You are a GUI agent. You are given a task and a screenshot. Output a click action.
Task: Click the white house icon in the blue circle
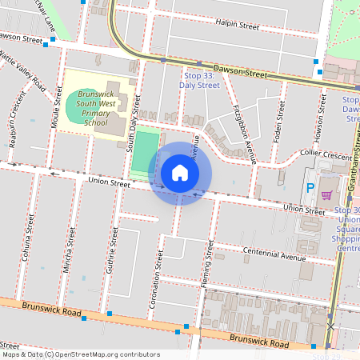point(179,173)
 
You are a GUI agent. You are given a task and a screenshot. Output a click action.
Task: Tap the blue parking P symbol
point(310,189)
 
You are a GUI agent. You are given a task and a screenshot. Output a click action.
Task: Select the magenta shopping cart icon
point(326,194)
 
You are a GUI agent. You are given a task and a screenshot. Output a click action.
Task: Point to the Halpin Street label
point(238,26)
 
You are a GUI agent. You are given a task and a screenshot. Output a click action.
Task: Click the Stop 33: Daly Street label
point(199,80)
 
